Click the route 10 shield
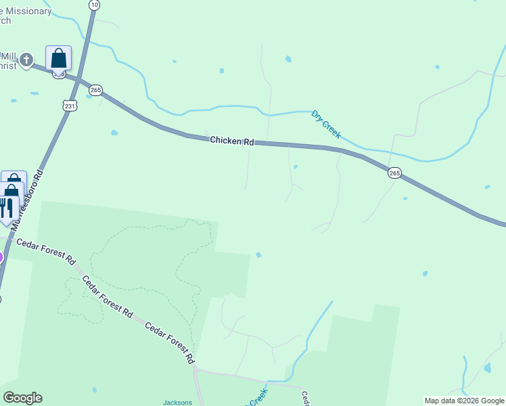(x=94, y=5)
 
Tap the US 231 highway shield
(x=70, y=105)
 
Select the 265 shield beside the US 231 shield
(x=95, y=90)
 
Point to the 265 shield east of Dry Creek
(x=395, y=173)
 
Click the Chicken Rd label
(x=231, y=141)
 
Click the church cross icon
(x=26, y=60)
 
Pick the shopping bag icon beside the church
(x=59, y=58)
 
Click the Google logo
(x=22, y=398)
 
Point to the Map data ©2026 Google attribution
(x=464, y=401)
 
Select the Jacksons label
(x=177, y=402)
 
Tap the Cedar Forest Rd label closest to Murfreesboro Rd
(x=46, y=251)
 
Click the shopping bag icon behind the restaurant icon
(x=14, y=180)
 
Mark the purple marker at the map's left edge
(x=1, y=257)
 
